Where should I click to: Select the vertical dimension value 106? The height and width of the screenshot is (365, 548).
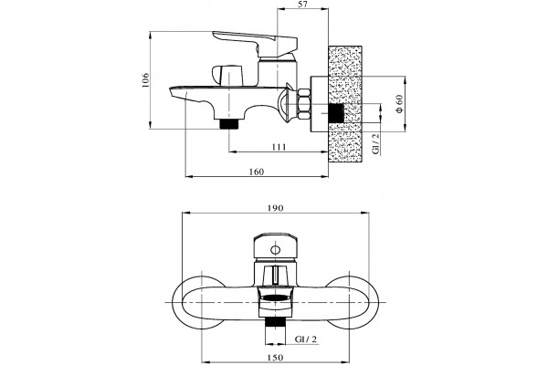coord(145,80)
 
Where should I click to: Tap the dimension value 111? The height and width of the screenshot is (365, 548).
coord(279,147)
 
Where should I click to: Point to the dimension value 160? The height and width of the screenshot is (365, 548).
coord(257,172)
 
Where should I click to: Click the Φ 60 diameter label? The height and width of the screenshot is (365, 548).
coord(399,104)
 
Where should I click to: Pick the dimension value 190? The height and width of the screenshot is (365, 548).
coord(276,208)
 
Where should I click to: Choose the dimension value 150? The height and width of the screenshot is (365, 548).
coord(276,358)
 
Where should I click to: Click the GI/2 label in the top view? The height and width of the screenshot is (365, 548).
coord(375,143)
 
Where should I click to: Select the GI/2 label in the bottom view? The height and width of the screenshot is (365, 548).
coord(306,339)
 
